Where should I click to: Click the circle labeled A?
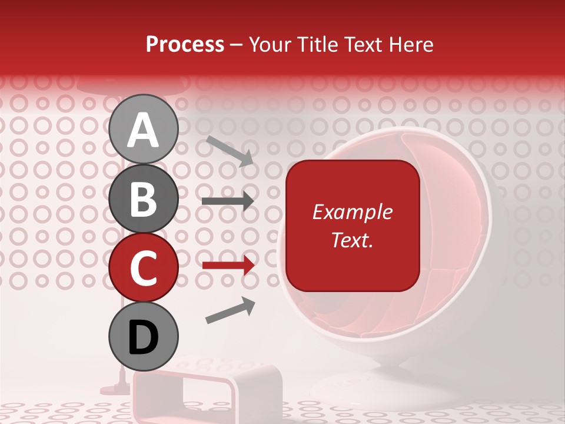[143, 129]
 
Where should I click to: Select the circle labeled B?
[143, 199]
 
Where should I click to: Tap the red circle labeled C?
[143, 268]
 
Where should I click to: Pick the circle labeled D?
[143, 337]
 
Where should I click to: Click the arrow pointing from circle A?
[229, 150]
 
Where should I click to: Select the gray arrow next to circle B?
[228, 201]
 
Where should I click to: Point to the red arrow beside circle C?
[228, 266]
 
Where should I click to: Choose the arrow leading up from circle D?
[230, 310]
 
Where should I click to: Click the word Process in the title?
[185, 44]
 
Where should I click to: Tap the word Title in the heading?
[313, 44]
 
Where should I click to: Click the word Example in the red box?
[352, 212]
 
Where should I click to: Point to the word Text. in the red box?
[352, 240]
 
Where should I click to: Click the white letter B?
[143, 199]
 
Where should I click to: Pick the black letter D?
[143, 337]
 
